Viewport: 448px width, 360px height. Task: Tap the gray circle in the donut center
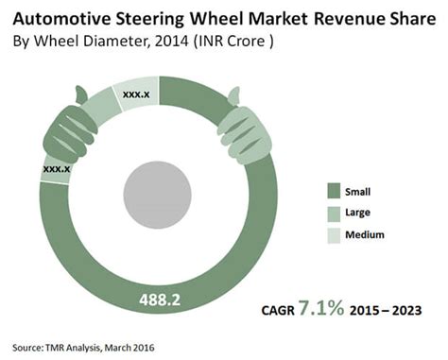tap(159, 188)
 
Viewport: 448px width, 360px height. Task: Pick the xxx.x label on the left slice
tap(57, 168)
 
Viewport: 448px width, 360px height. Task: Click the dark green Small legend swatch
tap(332, 188)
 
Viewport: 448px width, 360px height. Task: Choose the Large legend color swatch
tap(332, 211)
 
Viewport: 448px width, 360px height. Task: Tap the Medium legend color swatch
tap(332, 233)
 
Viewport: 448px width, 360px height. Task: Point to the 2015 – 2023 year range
tap(391, 311)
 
